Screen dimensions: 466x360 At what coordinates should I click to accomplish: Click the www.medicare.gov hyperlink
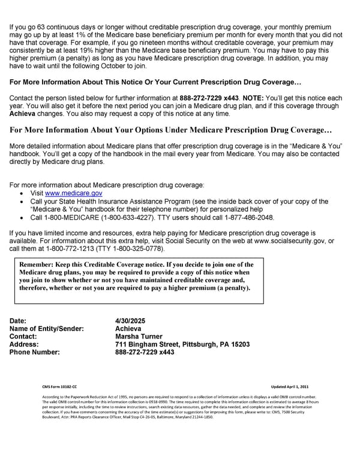coord(74,193)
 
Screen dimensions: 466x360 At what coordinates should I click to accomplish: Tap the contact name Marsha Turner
coord(142,336)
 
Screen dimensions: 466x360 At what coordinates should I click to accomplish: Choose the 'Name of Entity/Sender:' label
coord(47,328)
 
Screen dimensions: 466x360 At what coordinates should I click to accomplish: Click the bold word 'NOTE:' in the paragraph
coord(252,97)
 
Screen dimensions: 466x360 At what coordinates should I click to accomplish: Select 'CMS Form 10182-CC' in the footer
coord(59,387)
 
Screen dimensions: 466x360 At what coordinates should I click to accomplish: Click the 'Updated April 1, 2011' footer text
coord(290,387)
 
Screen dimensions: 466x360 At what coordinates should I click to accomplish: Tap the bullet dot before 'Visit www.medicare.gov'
coord(22,194)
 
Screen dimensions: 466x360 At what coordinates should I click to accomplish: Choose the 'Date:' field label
coord(19,321)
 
